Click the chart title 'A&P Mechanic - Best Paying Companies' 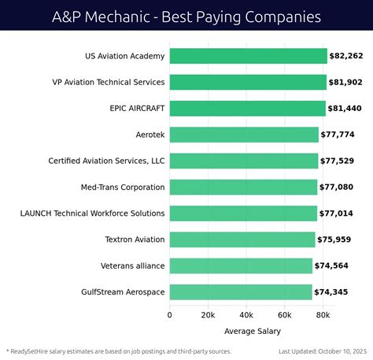point(186,15)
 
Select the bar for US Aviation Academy point(248,56)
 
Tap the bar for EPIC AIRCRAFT point(246,109)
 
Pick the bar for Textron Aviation point(242,239)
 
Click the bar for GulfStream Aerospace point(240,292)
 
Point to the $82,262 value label point(347,57)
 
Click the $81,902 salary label point(346,83)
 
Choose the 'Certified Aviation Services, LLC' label point(106,161)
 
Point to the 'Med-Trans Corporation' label point(122,187)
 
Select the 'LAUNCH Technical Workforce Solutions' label point(92,213)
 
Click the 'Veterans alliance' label point(132,266)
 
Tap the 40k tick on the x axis point(246,315)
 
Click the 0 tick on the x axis point(170,315)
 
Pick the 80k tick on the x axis point(323,315)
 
